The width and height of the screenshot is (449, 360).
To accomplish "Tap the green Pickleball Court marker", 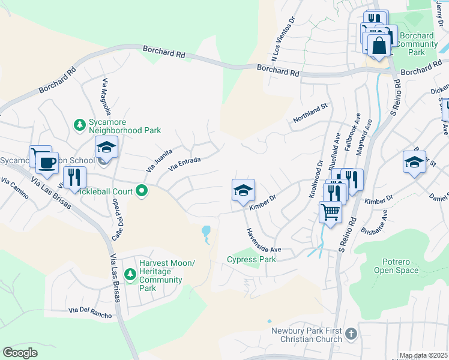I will click(142, 191).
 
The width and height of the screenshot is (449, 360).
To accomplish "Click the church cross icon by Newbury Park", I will click(351, 332).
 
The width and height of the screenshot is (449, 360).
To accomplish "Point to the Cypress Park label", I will click(251, 260).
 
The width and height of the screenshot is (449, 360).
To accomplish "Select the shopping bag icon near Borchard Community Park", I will click(379, 44).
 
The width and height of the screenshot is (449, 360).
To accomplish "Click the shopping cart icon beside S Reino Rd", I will click(330, 211).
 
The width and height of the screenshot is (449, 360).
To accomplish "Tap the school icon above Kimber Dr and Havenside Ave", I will click(243, 190).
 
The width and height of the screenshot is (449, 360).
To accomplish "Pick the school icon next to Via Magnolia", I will click(106, 147).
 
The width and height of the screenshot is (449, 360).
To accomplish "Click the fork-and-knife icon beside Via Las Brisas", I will click(74, 176).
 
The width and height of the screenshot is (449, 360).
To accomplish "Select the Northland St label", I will click(309, 113).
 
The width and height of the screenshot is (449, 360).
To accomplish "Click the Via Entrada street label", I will click(184, 163).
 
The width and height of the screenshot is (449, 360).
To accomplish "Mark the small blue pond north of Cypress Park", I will click(206, 232).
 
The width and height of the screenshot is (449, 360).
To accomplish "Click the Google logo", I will click(20, 353).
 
